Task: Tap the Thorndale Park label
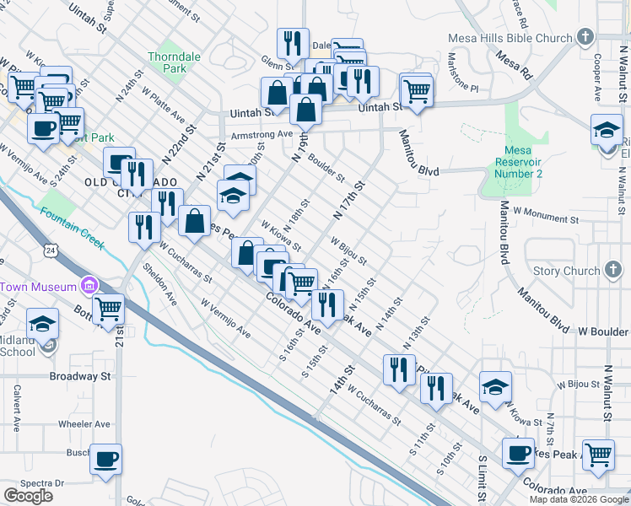point(174,62)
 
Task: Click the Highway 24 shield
point(51,250)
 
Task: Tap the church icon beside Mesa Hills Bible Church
point(585,37)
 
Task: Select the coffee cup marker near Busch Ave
point(106,460)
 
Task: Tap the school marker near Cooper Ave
point(607,131)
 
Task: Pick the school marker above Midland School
point(42,324)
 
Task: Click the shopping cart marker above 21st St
point(108,310)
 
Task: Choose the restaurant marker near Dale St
point(293,43)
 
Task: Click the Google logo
point(28,496)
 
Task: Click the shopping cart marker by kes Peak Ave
point(598,455)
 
